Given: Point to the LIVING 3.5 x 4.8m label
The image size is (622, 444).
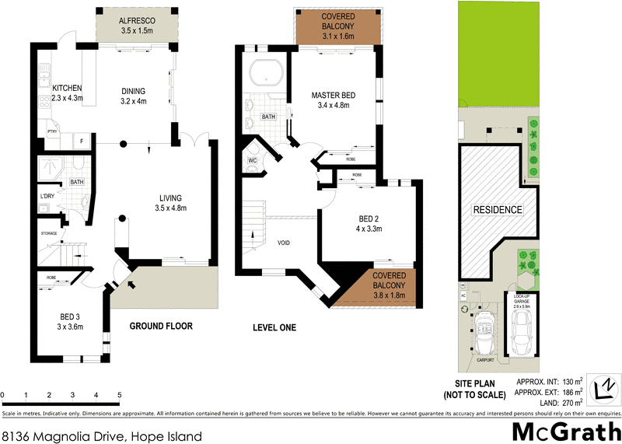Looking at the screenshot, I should pyautogui.click(x=170, y=202).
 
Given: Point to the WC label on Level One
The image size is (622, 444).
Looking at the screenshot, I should pyautogui.click(x=252, y=160).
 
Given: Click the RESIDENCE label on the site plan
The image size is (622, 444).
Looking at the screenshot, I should pyautogui.click(x=498, y=210).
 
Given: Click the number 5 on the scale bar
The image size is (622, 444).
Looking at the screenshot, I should pyautogui.click(x=119, y=395).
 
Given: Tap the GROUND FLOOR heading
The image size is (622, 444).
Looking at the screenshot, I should pyautogui.click(x=161, y=327).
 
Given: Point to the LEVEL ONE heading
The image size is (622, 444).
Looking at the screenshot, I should pyautogui.click(x=274, y=328).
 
